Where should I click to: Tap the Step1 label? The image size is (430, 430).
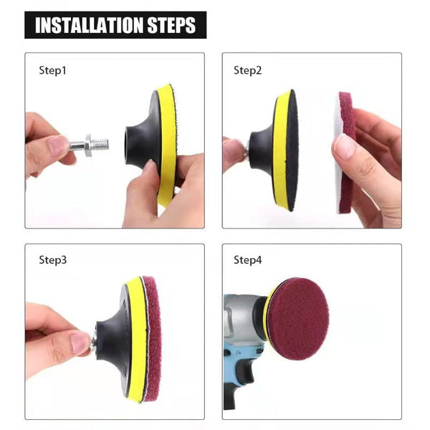pos(52,70)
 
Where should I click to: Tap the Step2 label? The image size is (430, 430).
pos(247,70)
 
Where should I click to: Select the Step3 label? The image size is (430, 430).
pos(52,259)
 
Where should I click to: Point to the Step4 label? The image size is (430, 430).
pos(247,259)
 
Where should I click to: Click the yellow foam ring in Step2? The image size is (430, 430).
pos(281,150)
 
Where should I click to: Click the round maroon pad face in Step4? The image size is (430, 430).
pos(297,318)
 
